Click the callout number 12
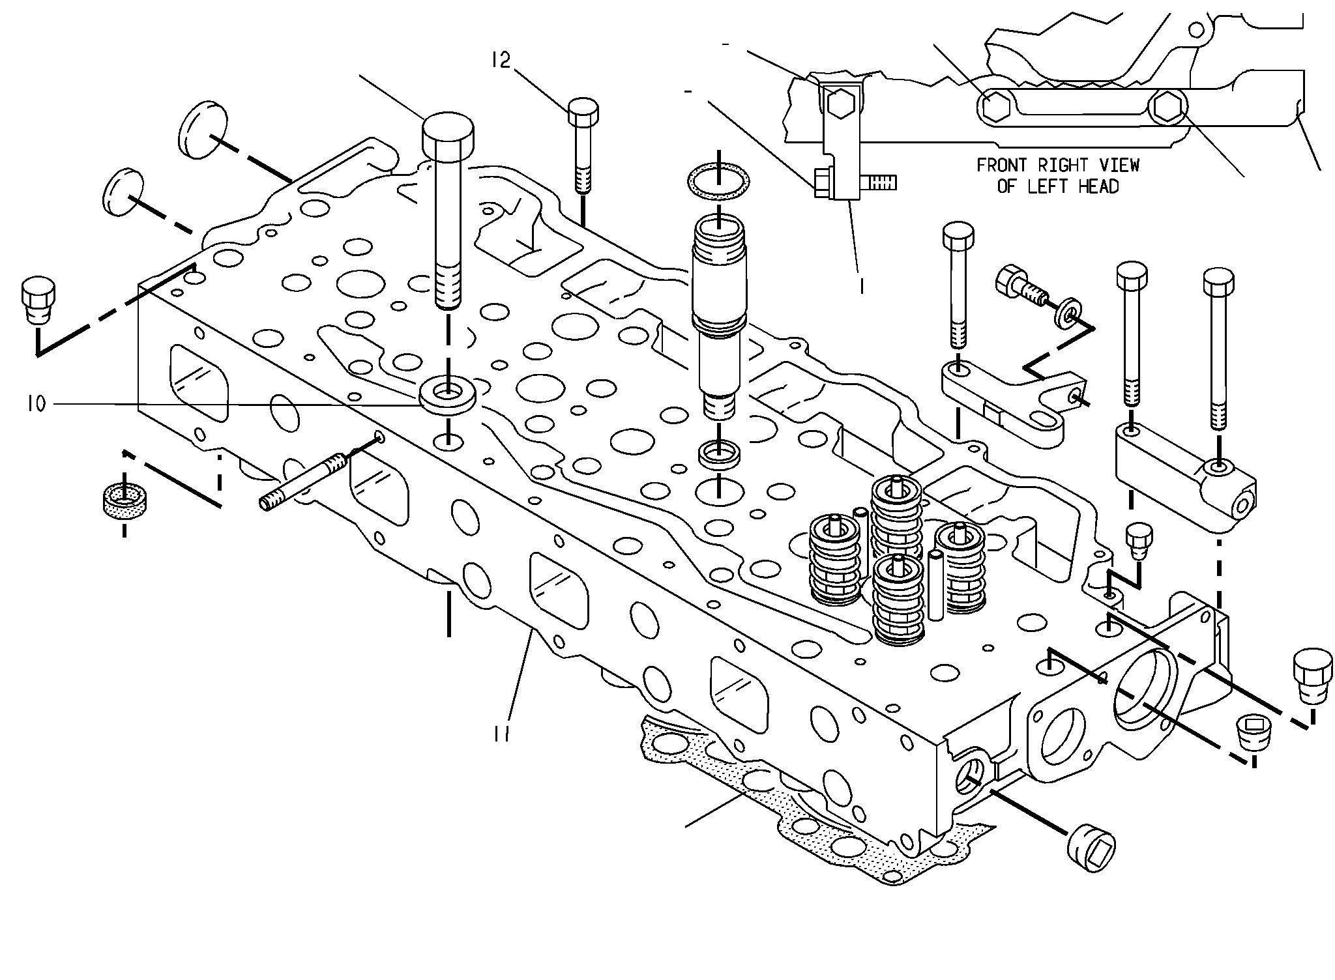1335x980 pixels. point(501,61)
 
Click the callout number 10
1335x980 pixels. point(37,404)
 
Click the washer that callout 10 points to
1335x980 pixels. point(447,395)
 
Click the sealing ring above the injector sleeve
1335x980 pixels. point(719,180)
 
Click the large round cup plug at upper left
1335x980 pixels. point(203,129)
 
